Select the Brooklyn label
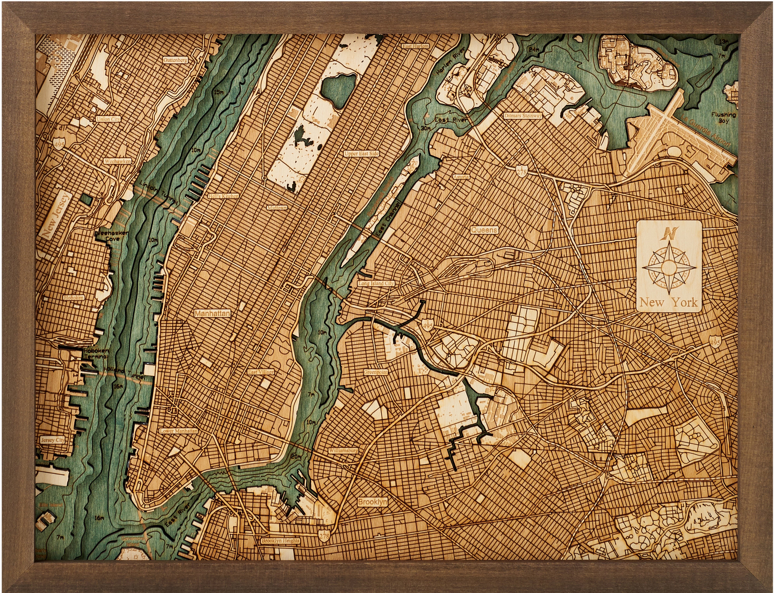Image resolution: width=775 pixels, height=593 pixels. [372, 502]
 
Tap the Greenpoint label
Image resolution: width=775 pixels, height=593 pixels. [376, 372]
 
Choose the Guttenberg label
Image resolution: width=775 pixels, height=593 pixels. [175, 60]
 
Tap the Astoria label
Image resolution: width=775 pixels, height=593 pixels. [461, 177]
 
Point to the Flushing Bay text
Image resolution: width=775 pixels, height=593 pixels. [723, 118]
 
